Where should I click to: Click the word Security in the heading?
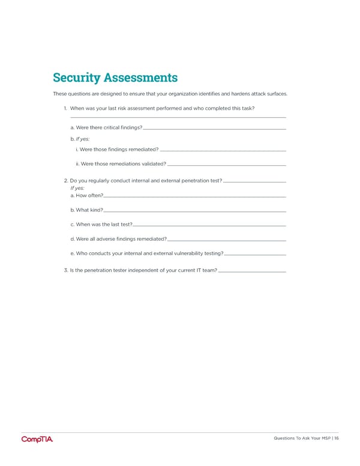click(77, 78)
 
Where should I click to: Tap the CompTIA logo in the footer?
click(37, 439)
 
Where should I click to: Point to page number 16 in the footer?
click(337, 438)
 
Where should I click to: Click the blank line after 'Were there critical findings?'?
click(214, 129)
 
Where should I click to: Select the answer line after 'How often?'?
click(194, 197)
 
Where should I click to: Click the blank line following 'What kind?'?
click(194, 211)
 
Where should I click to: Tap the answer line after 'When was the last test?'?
click(209, 225)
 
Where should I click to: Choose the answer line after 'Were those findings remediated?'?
click(223, 150)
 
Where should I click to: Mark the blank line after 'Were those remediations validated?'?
click(227, 165)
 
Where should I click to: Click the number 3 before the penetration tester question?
click(65, 271)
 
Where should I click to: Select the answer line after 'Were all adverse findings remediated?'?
click(227, 240)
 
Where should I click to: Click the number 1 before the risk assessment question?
click(65, 108)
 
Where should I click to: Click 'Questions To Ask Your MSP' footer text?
click(299, 438)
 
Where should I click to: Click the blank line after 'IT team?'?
click(252, 272)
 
